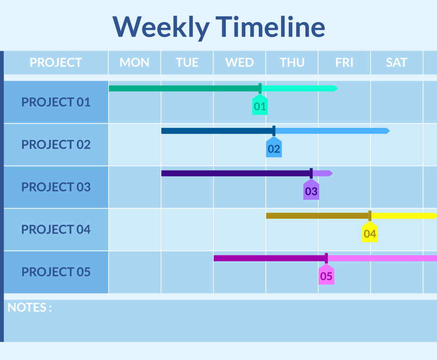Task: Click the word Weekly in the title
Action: [161, 27]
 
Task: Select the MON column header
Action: [134, 62]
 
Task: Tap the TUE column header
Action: [187, 62]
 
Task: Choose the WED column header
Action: [239, 62]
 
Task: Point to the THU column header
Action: [292, 62]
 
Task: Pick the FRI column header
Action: [344, 62]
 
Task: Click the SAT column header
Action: [397, 62]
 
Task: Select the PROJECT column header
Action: [56, 62]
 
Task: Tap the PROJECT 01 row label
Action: [56, 102]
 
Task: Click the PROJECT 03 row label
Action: [56, 187]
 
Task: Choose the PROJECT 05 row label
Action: [56, 272]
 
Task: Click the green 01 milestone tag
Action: [260, 105]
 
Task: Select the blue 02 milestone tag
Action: [274, 147]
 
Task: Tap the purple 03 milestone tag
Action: [311, 190]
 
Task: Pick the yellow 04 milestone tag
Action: [370, 232]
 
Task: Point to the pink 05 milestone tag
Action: [326, 275]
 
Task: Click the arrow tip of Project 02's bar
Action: [390, 131]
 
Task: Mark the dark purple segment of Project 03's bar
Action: [236, 173]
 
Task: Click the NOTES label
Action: [30, 307]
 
